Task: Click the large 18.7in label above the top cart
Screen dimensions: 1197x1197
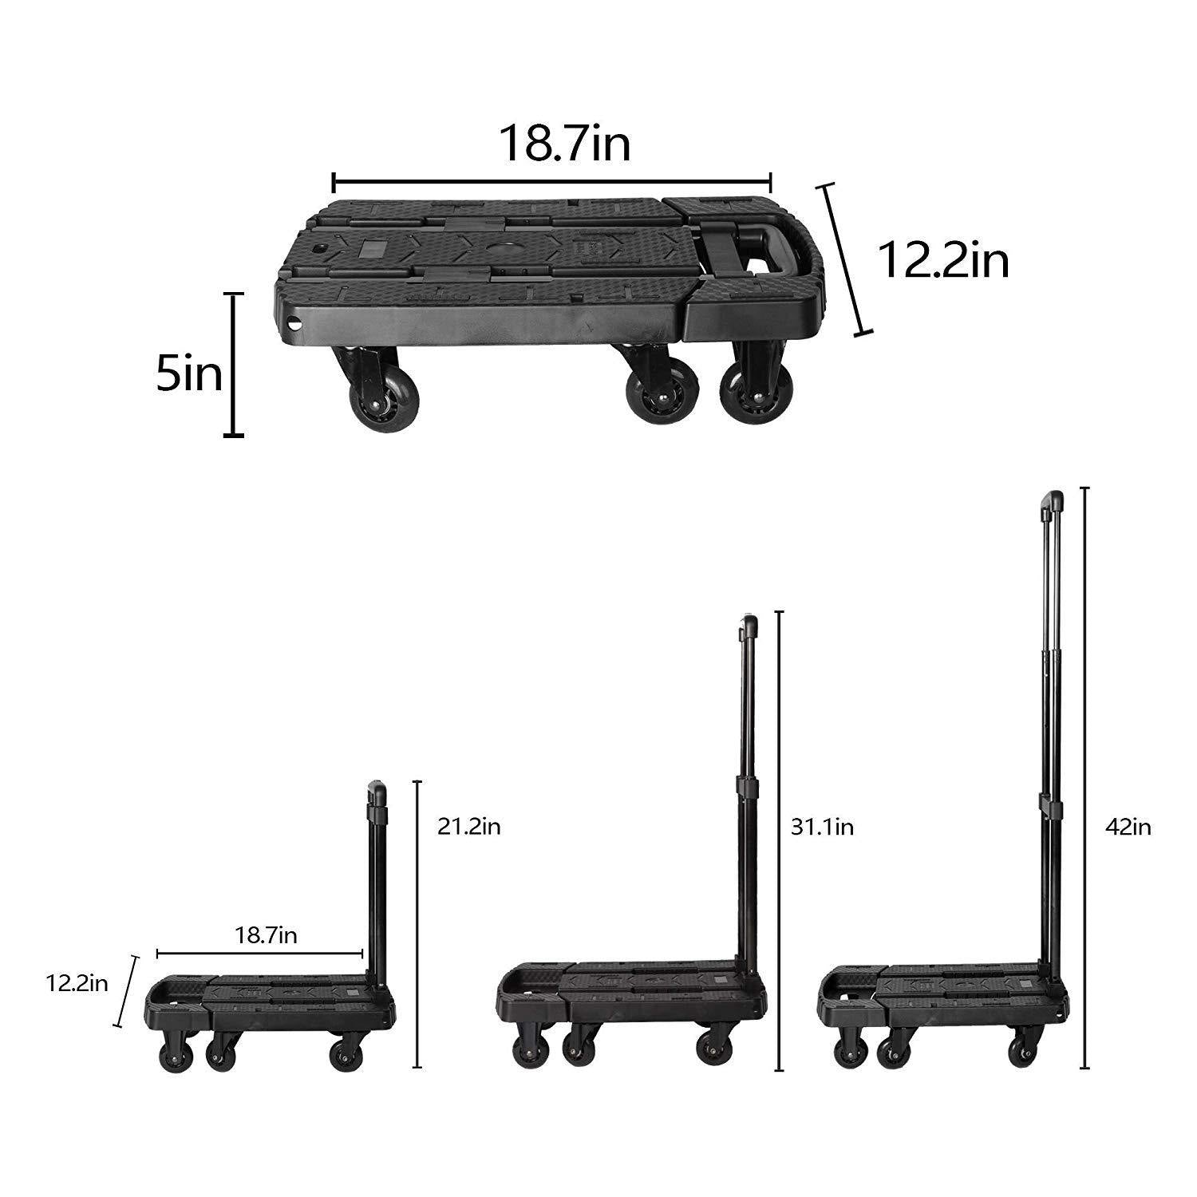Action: [x=564, y=144]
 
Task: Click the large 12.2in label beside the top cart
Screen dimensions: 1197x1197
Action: [x=943, y=259]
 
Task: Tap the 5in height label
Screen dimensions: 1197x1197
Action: [x=189, y=374]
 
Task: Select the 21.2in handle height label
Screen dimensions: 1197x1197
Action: [x=468, y=827]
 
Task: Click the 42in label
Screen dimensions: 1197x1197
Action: [x=1128, y=828]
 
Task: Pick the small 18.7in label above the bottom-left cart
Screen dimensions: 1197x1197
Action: [x=266, y=935]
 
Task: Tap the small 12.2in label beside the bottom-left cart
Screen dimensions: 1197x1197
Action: [x=77, y=982]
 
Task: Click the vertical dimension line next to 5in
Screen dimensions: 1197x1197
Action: [x=233, y=365]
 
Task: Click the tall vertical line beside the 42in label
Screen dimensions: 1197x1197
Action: [x=1084, y=778]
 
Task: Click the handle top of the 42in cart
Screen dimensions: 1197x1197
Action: [x=1052, y=503]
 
